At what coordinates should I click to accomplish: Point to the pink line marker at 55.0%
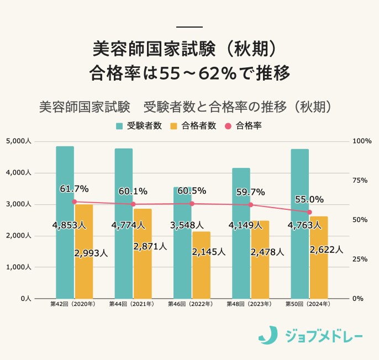tap(309, 212)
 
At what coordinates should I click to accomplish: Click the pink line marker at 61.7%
tap(75, 202)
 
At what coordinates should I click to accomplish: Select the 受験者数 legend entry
tap(139, 125)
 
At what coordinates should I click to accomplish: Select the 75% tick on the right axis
tap(359, 181)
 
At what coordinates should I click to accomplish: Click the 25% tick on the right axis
tap(359, 259)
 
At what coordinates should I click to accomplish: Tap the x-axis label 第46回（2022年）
tap(192, 304)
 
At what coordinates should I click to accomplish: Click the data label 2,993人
tap(91, 253)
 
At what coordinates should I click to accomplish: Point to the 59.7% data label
tap(250, 192)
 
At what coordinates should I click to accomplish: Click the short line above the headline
tap(189, 27)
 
